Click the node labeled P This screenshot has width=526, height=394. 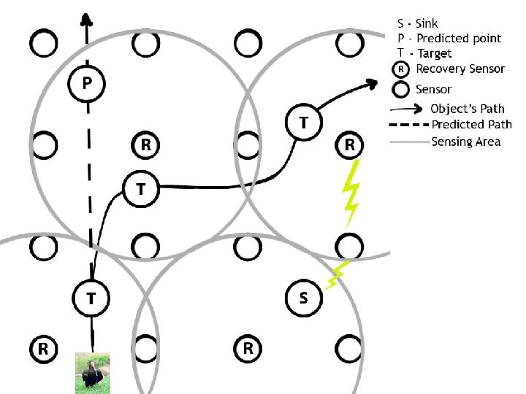(x=86, y=84)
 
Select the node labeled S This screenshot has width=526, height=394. (x=303, y=298)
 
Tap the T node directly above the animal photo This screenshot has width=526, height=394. (x=91, y=298)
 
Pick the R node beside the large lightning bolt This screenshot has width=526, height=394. (x=350, y=145)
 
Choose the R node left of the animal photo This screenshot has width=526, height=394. (x=44, y=348)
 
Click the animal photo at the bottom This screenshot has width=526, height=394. (x=93, y=373)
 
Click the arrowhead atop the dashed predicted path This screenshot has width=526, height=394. (x=86, y=18)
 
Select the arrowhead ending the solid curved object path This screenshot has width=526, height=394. (x=372, y=83)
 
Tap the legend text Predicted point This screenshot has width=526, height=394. (x=459, y=38)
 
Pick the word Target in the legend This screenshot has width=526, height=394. (x=435, y=53)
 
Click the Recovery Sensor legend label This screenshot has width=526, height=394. (x=460, y=69)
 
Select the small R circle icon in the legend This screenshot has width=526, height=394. (x=400, y=69)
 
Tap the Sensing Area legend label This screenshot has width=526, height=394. (x=466, y=141)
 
